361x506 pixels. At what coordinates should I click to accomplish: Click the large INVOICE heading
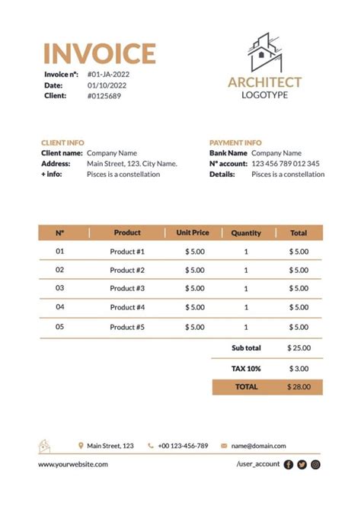[99, 53]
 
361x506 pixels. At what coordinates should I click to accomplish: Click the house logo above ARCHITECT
[264, 52]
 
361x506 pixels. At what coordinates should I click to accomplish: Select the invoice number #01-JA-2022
[108, 75]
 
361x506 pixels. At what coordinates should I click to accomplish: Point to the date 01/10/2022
[107, 85]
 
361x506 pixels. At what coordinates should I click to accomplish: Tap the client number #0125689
[104, 96]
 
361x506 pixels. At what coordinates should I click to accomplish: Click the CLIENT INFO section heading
[62, 143]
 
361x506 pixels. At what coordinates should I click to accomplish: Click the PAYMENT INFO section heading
[235, 143]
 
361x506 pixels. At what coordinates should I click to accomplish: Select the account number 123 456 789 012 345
[286, 164]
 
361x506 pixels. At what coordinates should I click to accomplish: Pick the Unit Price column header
[193, 232]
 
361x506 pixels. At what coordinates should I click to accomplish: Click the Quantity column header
[246, 233]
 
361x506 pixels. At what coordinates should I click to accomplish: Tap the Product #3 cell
[127, 289]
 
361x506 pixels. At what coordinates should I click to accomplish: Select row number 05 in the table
[60, 326]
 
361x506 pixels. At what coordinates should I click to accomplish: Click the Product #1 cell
[127, 251]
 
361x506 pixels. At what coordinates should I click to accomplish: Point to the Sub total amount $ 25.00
[299, 348]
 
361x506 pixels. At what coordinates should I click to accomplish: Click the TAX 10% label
[246, 368]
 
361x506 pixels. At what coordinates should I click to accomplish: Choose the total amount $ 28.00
[299, 387]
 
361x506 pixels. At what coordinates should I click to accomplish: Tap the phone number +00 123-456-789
[183, 446]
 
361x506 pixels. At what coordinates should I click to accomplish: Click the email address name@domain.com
[258, 446]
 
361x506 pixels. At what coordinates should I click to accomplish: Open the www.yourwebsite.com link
[73, 464]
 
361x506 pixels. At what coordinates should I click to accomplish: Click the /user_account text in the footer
[258, 464]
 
